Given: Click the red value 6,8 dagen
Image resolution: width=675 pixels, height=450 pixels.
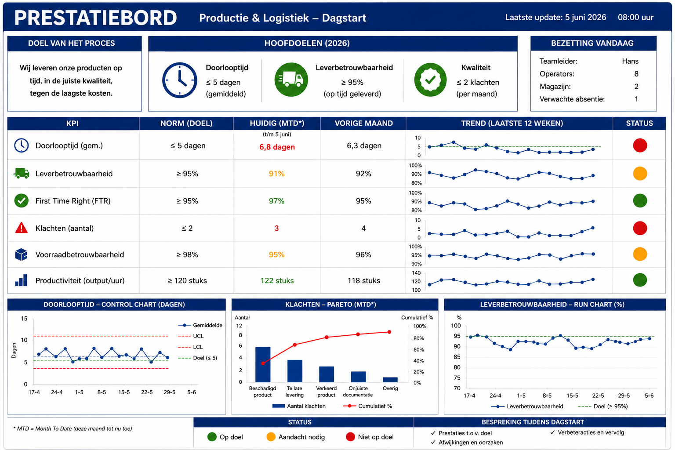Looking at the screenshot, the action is (x=277, y=147).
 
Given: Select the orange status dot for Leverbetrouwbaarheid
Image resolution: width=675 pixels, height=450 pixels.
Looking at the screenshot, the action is (x=640, y=174).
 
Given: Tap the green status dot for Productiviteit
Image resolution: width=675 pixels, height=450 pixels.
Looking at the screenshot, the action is (x=640, y=280).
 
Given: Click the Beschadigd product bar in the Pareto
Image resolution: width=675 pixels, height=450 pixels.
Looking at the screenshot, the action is (x=263, y=364).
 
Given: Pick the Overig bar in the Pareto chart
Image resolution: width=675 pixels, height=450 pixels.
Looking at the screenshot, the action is (x=390, y=380).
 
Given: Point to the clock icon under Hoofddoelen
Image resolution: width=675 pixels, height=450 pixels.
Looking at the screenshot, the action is (x=180, y=80).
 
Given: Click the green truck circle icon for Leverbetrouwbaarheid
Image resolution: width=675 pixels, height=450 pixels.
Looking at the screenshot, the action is (x=291, y=80).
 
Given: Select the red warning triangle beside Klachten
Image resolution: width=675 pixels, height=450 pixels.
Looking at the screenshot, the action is (x=21, y=228).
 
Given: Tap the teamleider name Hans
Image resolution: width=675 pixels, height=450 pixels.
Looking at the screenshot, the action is (x=630, y=61).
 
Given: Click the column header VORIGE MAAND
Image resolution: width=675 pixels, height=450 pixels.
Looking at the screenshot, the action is (x=364, y=123).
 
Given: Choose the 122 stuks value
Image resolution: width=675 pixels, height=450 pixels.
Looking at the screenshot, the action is (x=277, y=281).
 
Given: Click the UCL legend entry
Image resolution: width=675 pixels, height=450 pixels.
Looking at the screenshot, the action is (x=191, y=336).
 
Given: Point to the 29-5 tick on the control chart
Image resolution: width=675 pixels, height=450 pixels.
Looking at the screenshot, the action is (x=169, y=392).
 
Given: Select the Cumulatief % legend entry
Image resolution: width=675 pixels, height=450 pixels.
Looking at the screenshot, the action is (x=368, y=406).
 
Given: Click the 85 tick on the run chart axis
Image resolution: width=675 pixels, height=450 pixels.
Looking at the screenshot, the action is (x=457, y=357).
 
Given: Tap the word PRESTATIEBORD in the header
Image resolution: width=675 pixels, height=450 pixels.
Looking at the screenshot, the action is (x=95, y=18).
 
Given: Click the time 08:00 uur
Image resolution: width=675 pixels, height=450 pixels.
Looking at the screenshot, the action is (x=635, y=18).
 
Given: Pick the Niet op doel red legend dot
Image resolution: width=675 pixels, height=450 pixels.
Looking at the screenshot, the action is (x=350, y=437).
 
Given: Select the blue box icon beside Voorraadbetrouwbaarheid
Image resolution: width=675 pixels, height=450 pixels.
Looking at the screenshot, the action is (x=21, y=254).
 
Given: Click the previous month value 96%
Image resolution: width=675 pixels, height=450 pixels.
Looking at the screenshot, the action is (x=363, y=255).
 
